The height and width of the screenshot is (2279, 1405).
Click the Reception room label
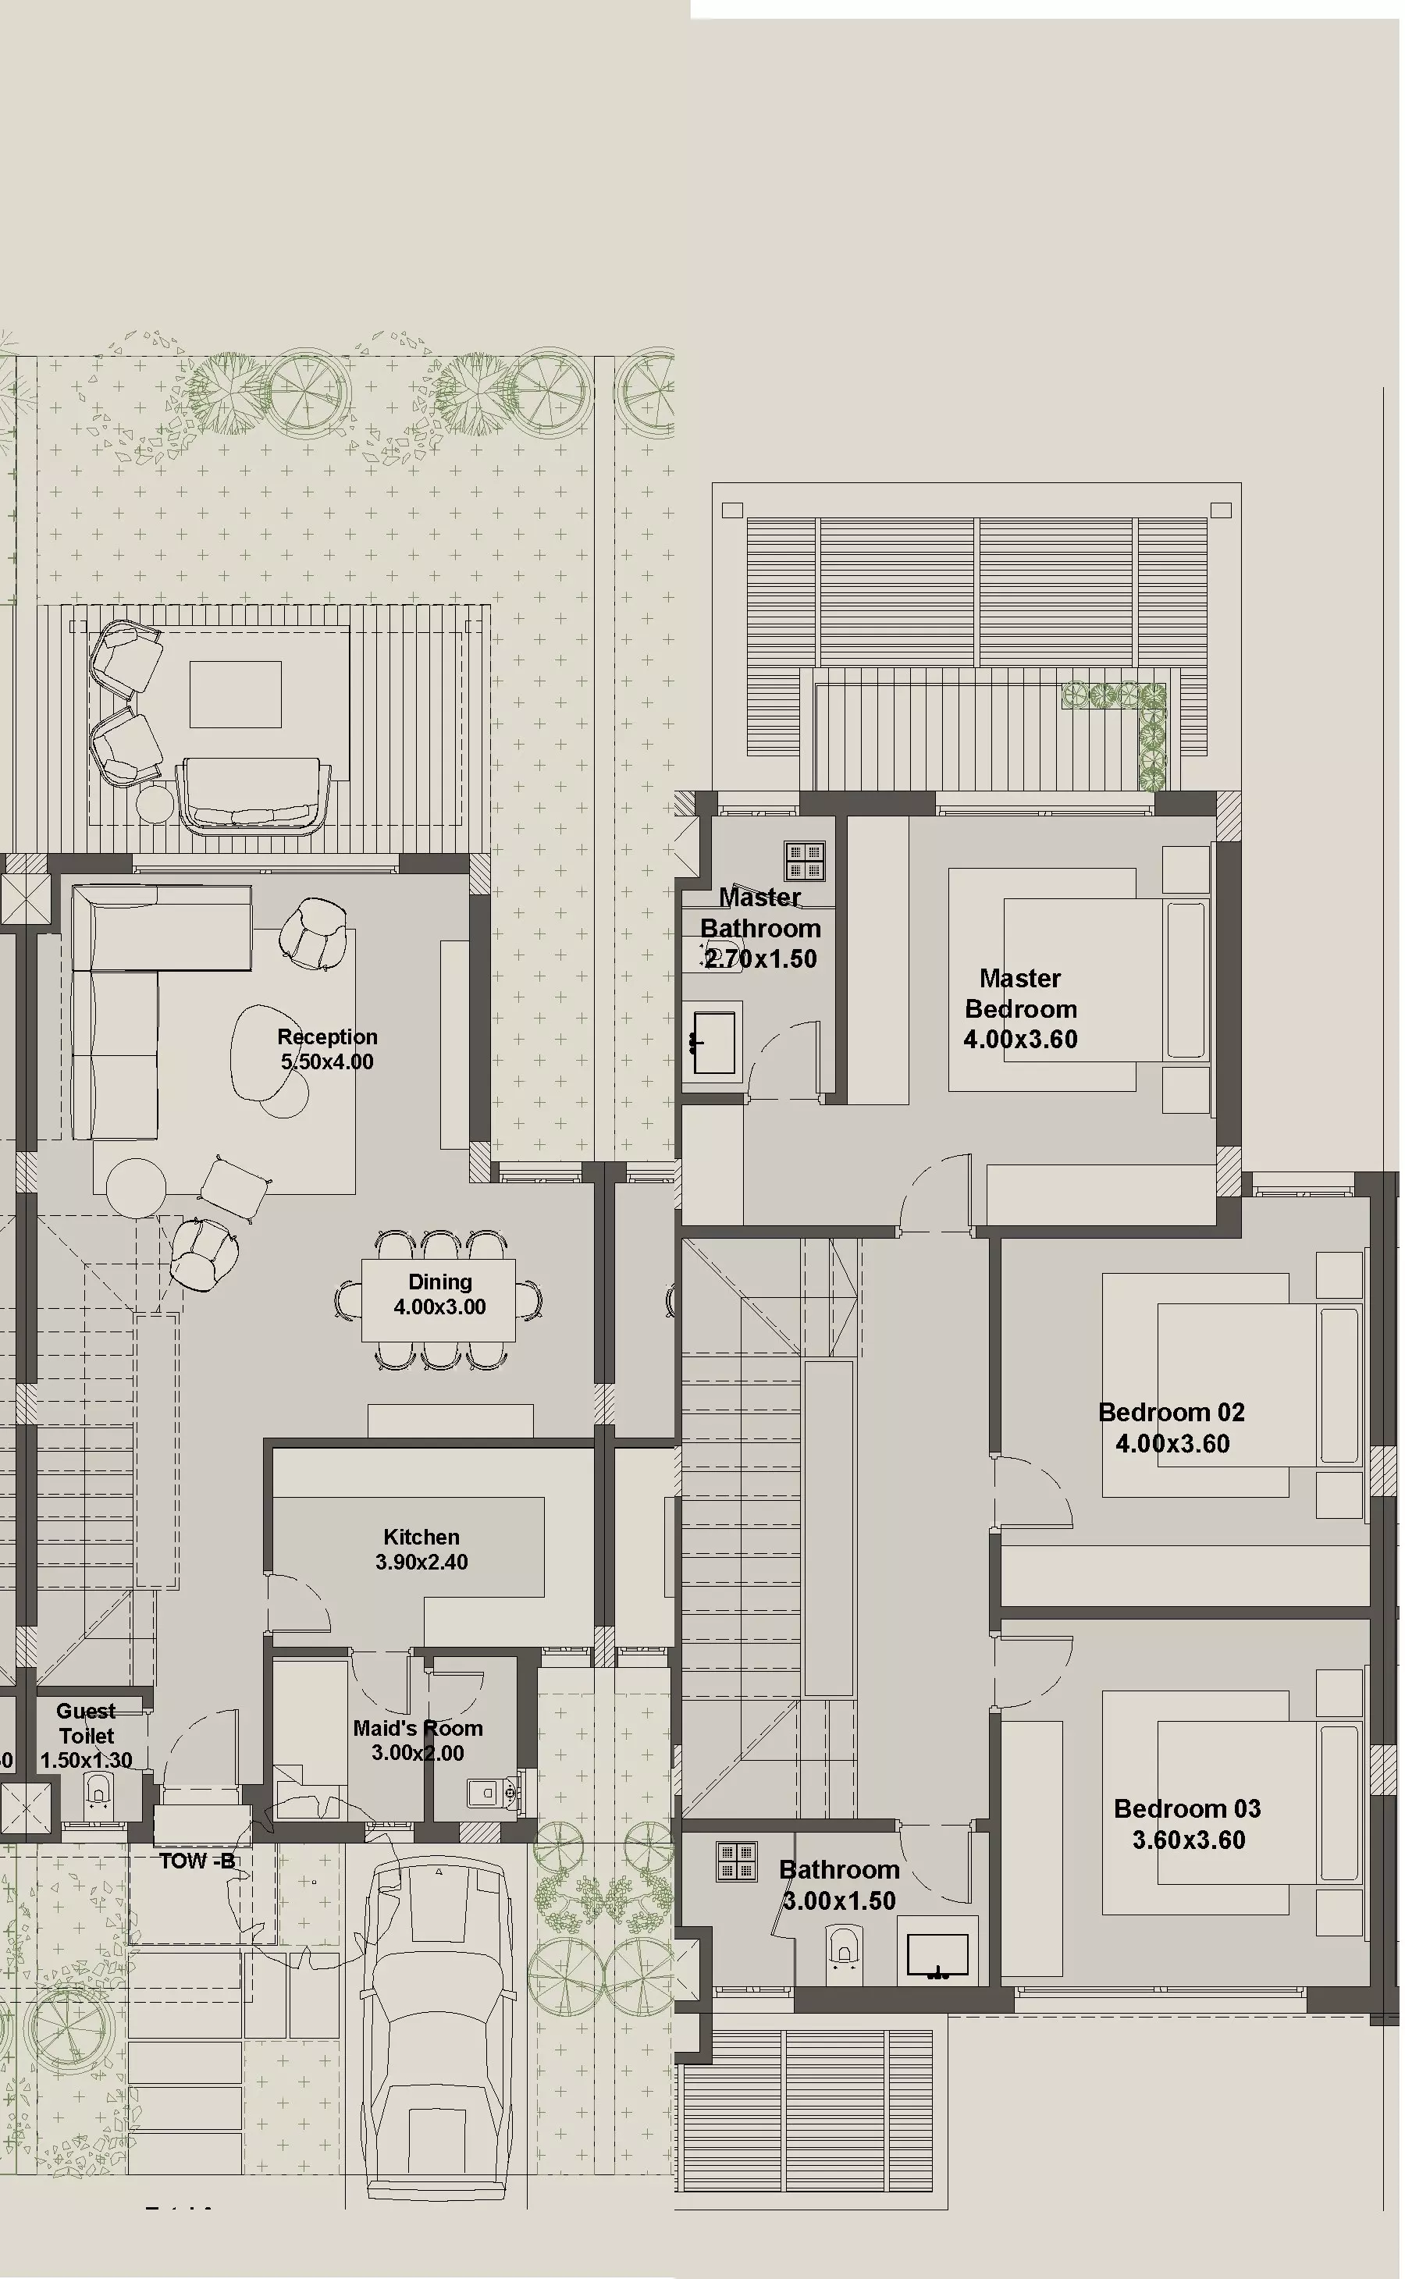(x=327, y=1049)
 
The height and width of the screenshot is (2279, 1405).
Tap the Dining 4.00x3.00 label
(x=439, y=1294)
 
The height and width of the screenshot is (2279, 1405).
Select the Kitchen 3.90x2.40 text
(x=421, y=1548)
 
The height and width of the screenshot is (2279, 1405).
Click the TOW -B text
(x=197, y=1861)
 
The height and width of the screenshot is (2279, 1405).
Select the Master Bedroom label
(x=1020, y=1008)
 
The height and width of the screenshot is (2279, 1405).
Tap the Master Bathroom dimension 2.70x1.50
(x=760, y=958)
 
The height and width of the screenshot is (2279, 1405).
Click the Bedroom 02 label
(x=1172, y=1427)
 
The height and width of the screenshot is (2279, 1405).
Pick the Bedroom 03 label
(x=1187, y=1824)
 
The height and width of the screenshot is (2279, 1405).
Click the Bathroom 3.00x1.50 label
(x=839, y=1884)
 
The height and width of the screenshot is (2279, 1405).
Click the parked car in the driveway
(x=438, y=2025)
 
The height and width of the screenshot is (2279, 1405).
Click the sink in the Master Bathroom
(x=713, y=1043)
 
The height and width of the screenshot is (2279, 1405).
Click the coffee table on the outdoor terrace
(x=235, y=694)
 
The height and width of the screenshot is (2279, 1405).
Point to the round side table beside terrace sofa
(x=155, y=804)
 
